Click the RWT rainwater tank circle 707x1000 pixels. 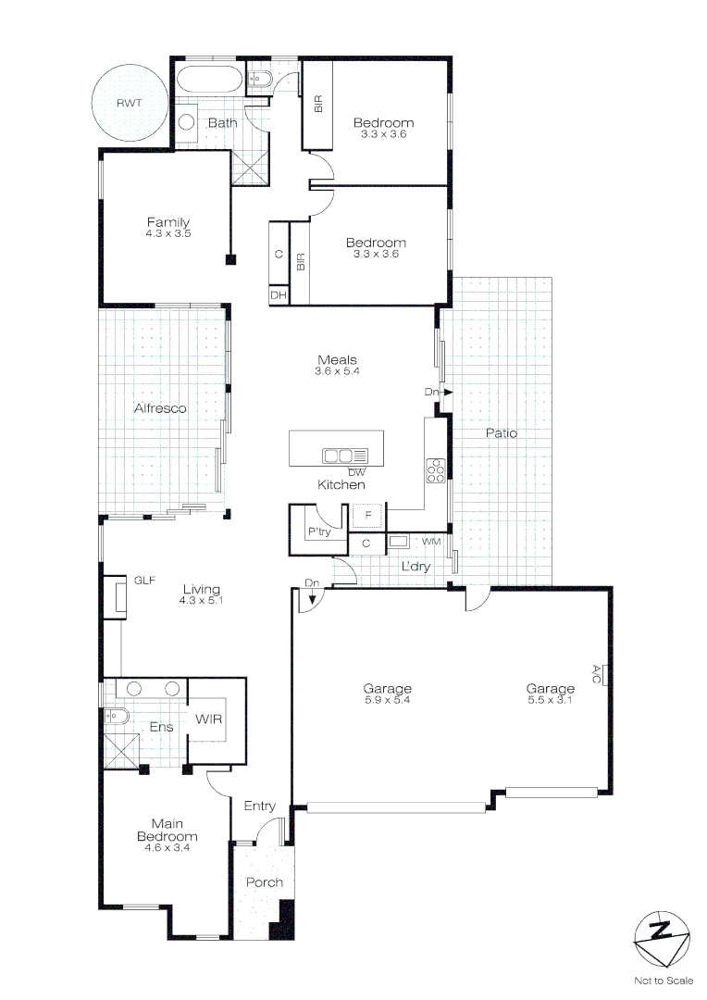click(130, 103)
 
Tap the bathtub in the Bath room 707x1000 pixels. click(210, 81)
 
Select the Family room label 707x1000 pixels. click(167, 222)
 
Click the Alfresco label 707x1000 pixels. click(160, 408)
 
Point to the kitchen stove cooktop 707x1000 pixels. click(435, 470)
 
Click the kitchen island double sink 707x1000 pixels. click(344, 455)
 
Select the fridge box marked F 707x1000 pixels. click(367, 515)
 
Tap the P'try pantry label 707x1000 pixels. click(318, 531)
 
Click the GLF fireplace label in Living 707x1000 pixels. click(144, 581)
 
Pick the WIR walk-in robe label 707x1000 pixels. click(207, 719)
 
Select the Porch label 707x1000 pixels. click(264, 882)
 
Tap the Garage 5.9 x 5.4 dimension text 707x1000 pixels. click(387, 700)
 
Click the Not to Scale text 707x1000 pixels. click(663, 980)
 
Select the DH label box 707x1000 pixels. click(278, 295)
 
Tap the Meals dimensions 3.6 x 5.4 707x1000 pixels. click(337, 371)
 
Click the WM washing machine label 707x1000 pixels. click(431, 541)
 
